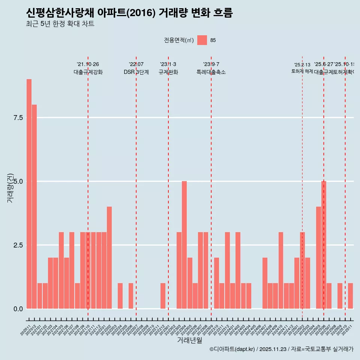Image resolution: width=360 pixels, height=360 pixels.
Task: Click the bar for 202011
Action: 29,194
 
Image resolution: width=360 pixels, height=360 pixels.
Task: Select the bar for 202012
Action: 34,207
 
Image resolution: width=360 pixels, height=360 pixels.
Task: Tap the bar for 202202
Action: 109,258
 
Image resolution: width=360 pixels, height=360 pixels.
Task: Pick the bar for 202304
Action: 184,245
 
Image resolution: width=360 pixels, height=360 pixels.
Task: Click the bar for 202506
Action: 324,245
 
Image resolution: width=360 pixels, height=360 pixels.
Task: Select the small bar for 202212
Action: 163,296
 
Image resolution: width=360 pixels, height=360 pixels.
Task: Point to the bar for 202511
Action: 350,296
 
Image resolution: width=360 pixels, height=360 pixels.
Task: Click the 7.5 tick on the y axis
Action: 18,118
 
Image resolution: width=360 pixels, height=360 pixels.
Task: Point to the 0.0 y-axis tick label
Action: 18,309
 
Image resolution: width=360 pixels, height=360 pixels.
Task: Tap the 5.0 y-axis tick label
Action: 18,181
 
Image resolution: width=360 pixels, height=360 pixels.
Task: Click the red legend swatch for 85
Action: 202,40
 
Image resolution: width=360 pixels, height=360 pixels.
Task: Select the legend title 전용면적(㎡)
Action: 179,40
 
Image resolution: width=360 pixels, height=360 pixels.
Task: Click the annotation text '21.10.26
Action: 88,64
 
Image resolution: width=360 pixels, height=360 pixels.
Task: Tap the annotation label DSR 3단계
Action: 136,72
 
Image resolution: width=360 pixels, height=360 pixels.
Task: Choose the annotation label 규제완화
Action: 168,72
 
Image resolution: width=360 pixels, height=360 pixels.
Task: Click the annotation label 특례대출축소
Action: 211,72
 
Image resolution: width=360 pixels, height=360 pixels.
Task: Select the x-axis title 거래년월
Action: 189,340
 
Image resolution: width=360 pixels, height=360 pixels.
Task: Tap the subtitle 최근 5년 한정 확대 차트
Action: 60,24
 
